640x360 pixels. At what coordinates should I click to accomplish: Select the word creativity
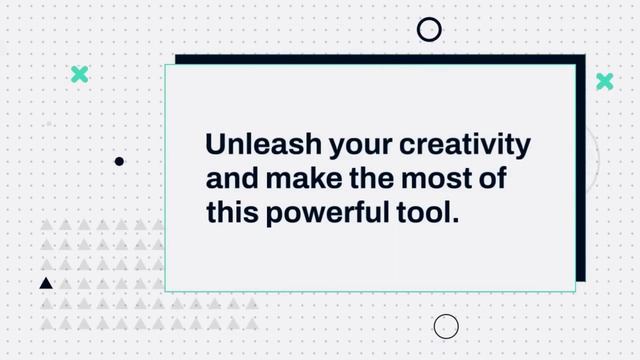tap(465, 145)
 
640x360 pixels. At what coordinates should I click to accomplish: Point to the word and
tap(229, 178)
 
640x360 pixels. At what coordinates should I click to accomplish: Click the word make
tap(301, 178)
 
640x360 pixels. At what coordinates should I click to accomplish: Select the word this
tap(231, 212)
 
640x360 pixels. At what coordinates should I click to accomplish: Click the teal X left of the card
tap(79, 74)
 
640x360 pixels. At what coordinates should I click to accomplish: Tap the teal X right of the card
tap(604, 81)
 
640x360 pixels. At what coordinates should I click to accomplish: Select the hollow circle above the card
tap(429, 29)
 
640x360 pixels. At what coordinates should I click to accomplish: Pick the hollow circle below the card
tap(446, 326)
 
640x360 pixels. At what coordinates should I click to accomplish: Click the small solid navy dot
tap(119, 161)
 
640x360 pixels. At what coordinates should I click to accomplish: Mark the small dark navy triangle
tap(46, 284)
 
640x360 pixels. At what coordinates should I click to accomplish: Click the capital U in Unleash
tap(215, 144)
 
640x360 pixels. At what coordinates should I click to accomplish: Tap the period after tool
tap(455, 219)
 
